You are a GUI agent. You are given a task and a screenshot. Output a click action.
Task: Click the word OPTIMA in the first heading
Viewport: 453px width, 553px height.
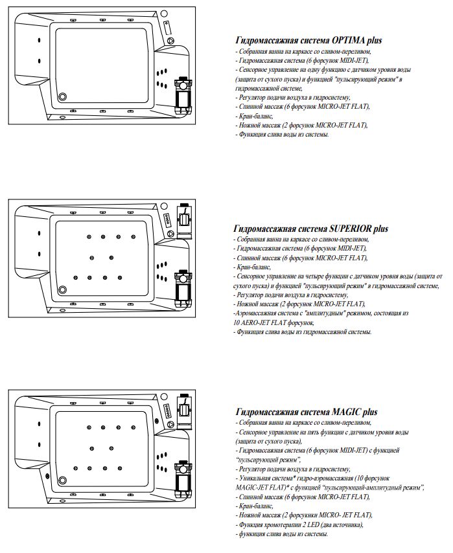click(350, 40)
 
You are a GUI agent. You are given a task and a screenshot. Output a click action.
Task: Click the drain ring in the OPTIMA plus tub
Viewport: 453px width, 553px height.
click(63, 96)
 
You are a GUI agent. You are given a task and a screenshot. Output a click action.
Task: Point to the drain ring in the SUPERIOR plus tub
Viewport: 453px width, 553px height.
click(63, 289)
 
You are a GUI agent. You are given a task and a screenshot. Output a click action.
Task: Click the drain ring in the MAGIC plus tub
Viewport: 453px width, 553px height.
click(63, 479)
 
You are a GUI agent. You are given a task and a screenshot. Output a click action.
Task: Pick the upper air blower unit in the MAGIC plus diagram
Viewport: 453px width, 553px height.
click(185, 406)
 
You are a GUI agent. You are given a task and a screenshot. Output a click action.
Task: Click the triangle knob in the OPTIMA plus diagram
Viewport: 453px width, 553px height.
click(170, 40)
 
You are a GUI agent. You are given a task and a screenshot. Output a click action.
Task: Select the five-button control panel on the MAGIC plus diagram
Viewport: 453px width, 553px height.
click(167, 409)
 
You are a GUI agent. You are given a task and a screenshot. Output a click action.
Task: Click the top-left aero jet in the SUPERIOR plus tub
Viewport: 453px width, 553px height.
click(88, 237)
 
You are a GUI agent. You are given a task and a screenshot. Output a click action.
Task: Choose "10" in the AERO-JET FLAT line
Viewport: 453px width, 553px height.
click(237, 322)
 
